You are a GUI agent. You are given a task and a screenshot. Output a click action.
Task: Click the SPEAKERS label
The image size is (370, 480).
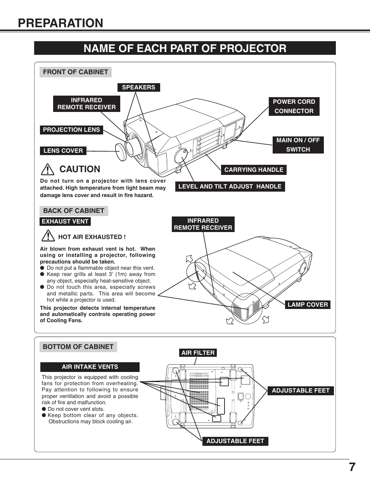[x=138, y=87]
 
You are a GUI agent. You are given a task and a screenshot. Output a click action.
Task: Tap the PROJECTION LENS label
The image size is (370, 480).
[x=71, y=130]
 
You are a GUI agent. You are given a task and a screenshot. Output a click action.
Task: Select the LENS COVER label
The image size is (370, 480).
[x=63, y=151]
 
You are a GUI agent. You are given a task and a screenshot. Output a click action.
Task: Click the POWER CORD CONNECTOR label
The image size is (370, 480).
[x=294, y=106]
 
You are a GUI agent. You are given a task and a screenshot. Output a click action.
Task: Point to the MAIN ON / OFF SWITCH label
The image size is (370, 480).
[x=298, y=145]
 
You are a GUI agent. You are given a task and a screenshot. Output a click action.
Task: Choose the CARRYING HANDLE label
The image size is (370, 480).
[x=254, y=169]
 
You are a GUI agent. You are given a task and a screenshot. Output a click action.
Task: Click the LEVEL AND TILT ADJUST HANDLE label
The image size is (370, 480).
[x=230, y=187]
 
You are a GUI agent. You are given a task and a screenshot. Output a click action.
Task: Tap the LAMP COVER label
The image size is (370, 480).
[x=308, y=305]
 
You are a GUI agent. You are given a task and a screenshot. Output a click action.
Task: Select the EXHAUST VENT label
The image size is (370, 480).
[x=65, y=222]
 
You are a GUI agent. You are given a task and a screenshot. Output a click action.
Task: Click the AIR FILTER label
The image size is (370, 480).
[x=198, y=353]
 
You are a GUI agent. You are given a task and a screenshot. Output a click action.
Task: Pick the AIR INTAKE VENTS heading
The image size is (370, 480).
[x=90, y=367]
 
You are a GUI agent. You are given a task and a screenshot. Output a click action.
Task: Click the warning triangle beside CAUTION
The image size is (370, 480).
[x=48, y=169]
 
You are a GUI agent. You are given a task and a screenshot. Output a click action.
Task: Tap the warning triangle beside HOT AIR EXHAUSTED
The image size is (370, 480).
[x=48, y=236]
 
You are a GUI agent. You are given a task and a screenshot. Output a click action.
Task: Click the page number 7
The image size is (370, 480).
[x=352, y=467]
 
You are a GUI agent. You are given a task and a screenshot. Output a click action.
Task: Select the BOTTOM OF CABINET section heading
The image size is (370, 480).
[x=78, y=347]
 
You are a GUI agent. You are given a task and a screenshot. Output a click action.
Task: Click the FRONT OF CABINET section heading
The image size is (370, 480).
[x=75, y=72]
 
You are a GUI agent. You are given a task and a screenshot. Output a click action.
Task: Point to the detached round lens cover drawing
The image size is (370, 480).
[x=121, y=152]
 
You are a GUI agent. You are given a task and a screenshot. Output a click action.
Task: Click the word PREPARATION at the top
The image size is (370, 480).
[x=61, y=23]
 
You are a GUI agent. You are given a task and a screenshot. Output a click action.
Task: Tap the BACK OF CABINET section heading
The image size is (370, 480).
[x=74, y=211]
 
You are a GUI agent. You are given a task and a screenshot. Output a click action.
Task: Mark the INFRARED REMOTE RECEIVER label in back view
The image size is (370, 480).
[x=203, y=224]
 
